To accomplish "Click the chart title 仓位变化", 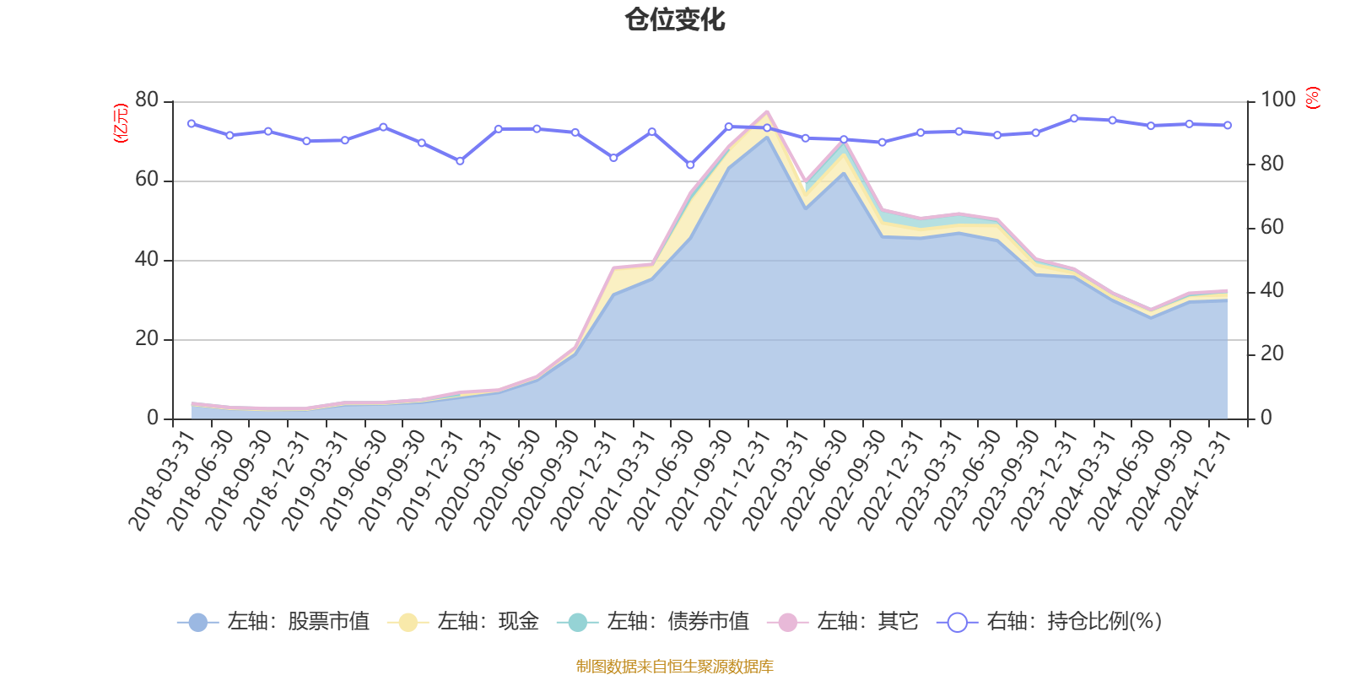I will coord(674,19).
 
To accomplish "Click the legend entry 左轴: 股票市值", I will coord(274,622).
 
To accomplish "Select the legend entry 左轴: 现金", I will coord(464,622).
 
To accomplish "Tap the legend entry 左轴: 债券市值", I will coord(654,622).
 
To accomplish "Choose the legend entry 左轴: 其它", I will coord(843,622).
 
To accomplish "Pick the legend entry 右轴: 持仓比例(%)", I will coord(1050,622).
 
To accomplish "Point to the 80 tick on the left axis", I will coord(147,100).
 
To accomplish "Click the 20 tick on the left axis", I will coord(147,338).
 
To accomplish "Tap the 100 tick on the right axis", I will coord(1277,100).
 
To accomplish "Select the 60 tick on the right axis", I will coord(1272,227).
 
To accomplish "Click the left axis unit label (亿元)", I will coord(121,123).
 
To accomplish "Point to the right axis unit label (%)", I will coord(1312,98).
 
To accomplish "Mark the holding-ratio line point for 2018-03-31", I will coord(192,124).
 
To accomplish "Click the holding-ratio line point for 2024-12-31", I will coord(1228,126).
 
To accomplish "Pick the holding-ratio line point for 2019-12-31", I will coord(460,161).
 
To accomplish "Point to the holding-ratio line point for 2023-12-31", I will coord(1074,118).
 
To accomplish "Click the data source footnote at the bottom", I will coord(674,667).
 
